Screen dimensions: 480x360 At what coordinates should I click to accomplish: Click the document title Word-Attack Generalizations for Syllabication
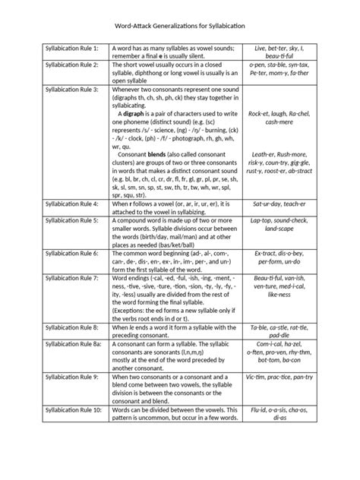pos(180,26)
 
